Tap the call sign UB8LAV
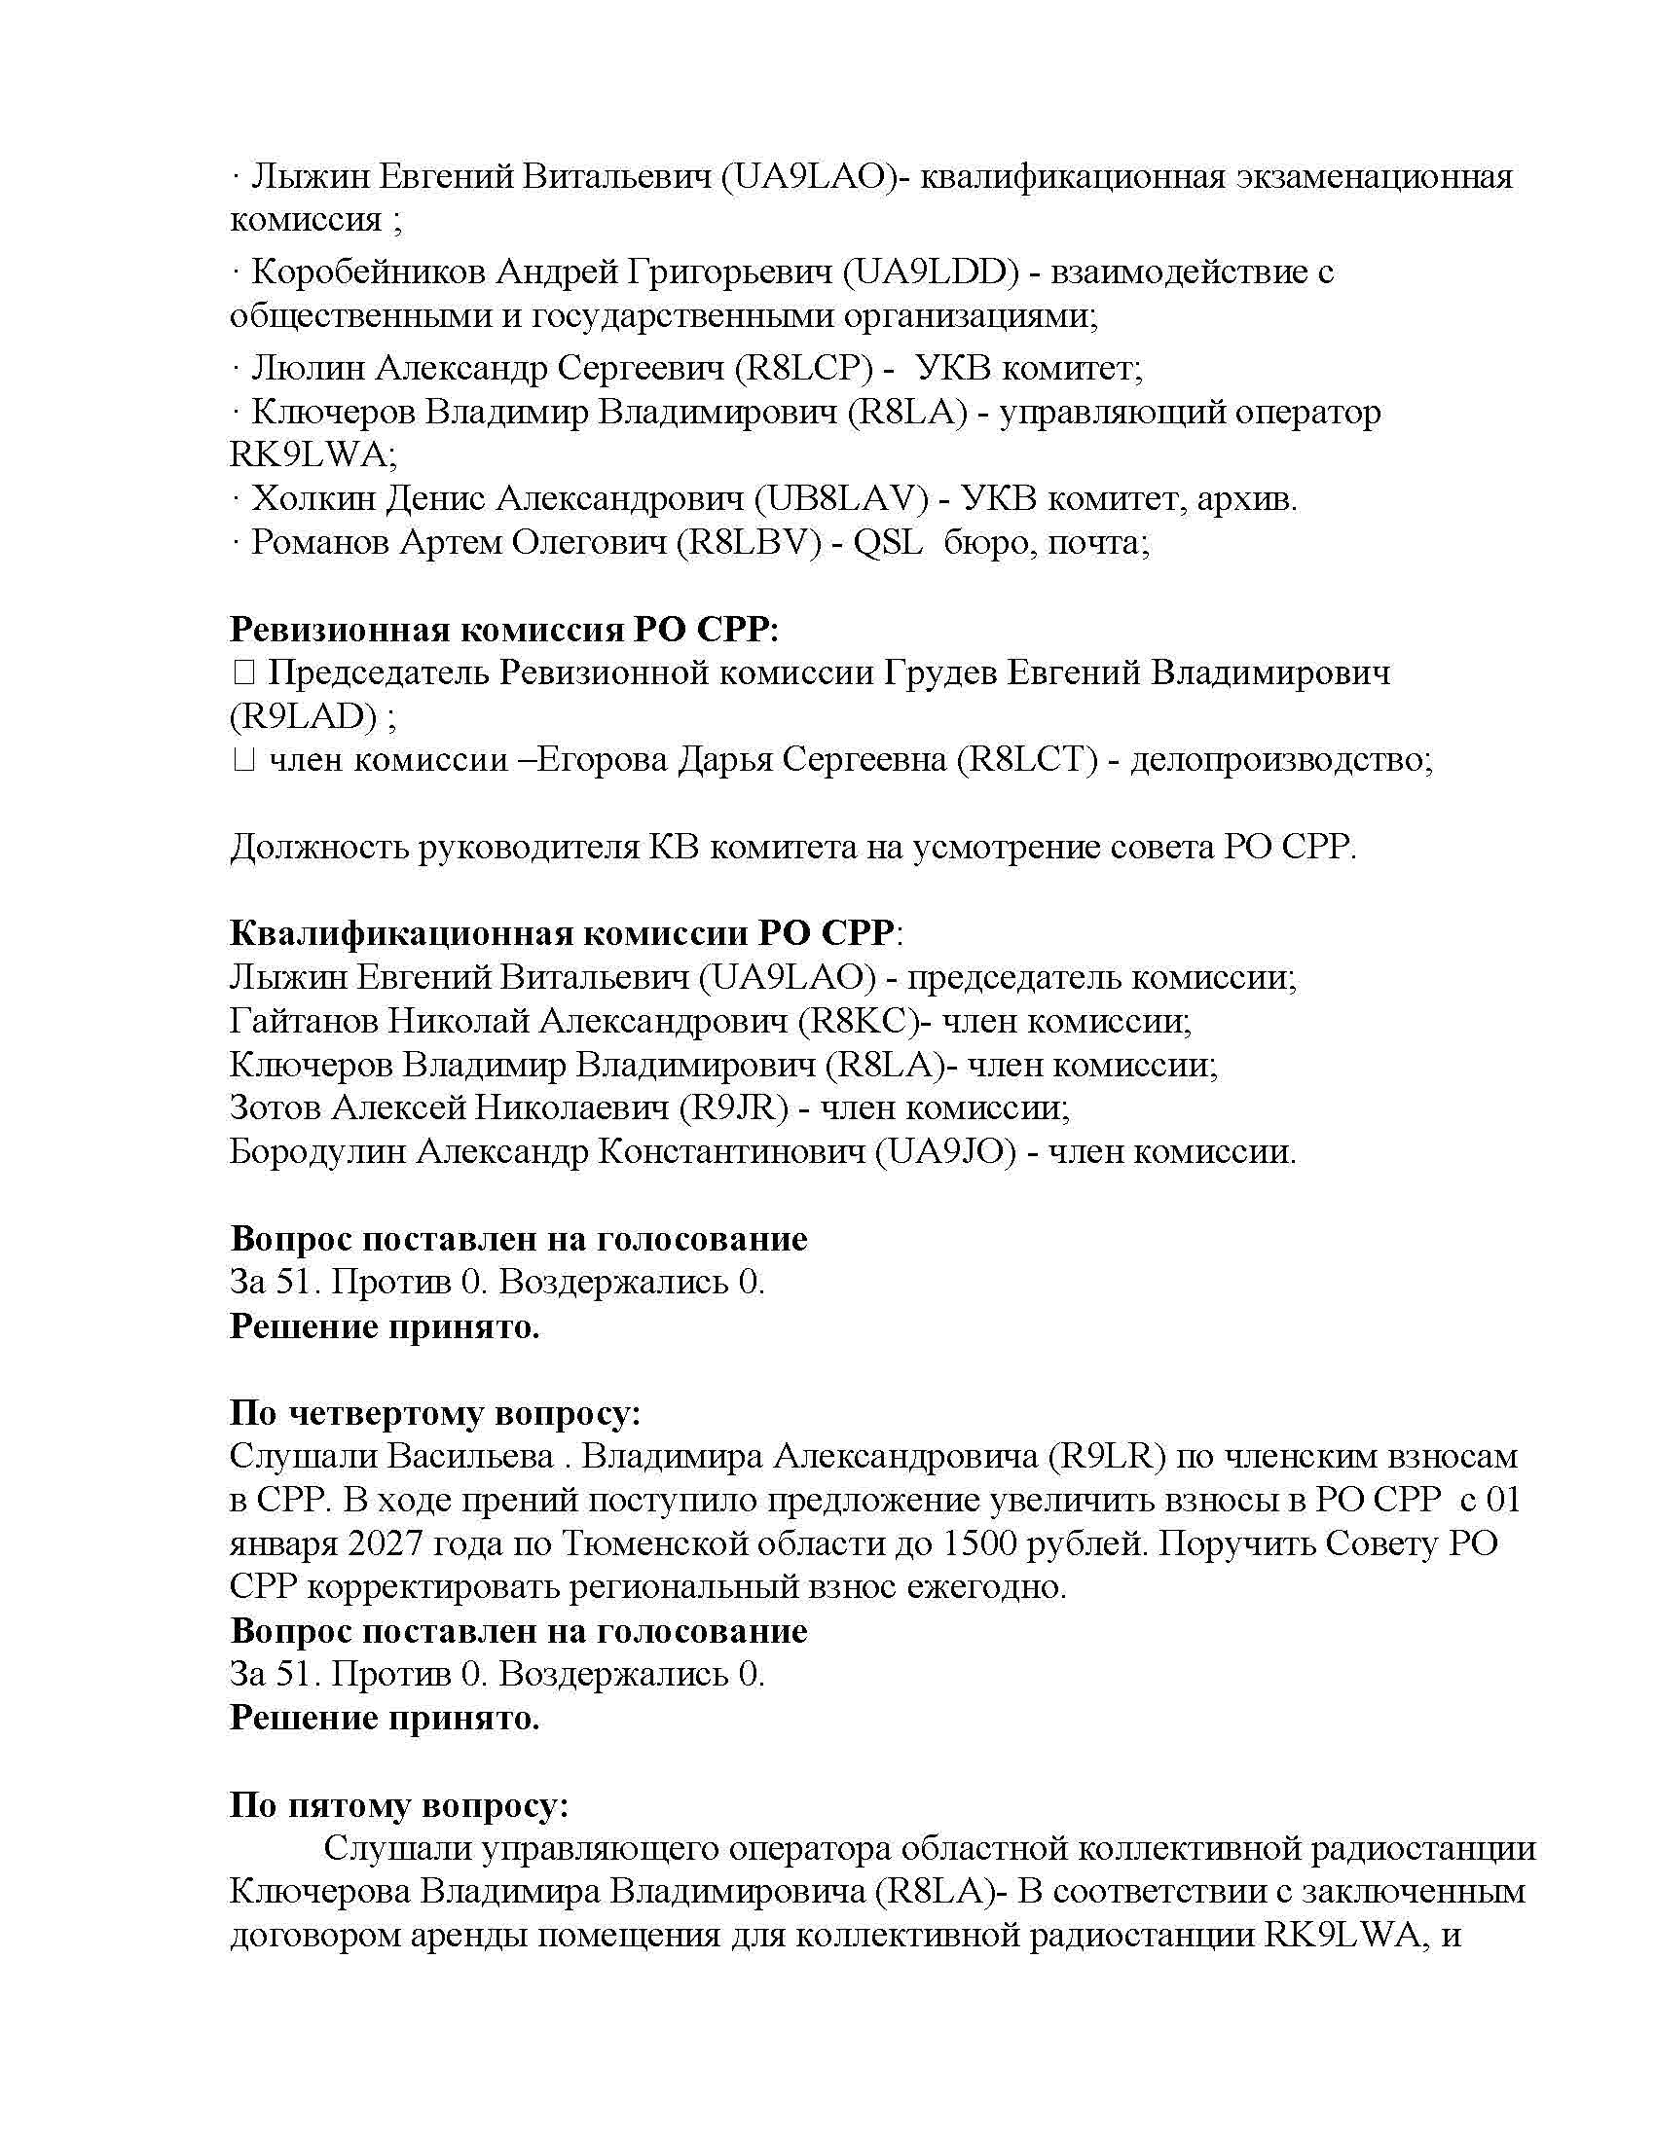point(841,499)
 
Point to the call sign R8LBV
point(748,542)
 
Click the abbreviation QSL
point(887,542)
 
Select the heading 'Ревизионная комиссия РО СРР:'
point(504,629)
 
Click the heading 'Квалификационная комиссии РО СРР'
point(562,932)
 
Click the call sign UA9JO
point(946,1151)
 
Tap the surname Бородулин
point(316,1151)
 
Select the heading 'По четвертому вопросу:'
point(435,1413)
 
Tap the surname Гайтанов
point(303,1022)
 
